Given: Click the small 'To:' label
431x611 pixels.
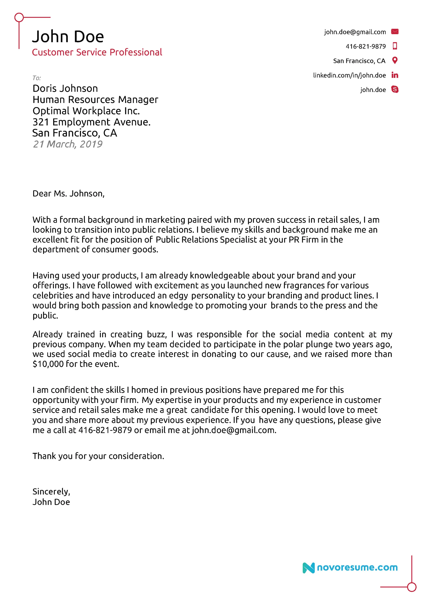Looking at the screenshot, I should pos(37,78).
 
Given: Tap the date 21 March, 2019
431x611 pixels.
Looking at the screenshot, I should pos(68,144).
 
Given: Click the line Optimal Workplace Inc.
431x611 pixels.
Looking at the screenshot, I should pos(86,111).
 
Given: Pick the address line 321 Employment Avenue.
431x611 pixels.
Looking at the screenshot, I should pos(91,122).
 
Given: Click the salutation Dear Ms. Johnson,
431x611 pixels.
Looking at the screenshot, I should pos(68,193).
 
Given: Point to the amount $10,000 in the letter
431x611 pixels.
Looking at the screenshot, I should pos(48,364).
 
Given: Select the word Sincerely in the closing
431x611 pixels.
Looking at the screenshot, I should pos(51,492).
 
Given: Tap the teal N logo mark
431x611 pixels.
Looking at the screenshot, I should pos(308,568).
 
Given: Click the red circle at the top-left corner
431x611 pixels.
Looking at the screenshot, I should pos(19,18).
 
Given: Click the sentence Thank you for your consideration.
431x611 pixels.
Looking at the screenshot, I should pos(98,456).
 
